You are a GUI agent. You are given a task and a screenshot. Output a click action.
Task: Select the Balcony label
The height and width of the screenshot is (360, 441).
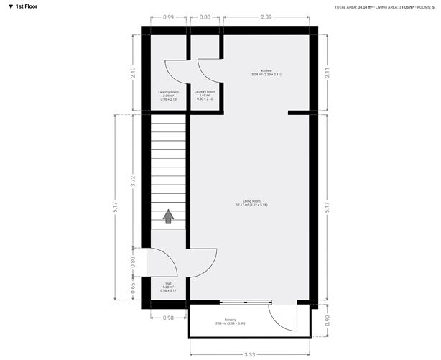230,322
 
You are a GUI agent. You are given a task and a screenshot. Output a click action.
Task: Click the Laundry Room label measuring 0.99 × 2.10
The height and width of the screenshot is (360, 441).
168,94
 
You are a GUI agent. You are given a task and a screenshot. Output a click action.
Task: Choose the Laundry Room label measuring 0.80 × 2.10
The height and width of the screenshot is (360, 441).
205,94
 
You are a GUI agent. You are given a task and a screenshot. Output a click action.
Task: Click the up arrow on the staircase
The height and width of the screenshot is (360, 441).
168,216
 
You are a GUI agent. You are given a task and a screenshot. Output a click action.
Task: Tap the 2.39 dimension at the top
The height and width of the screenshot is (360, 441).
266,16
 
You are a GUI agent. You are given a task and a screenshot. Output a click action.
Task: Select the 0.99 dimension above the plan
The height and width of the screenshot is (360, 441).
168,16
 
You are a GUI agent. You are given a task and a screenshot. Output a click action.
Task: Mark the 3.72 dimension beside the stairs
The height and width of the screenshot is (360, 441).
133,181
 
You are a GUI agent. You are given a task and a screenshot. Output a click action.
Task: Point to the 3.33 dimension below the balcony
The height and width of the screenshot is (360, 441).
249,354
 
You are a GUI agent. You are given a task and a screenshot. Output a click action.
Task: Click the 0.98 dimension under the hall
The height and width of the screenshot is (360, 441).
168,317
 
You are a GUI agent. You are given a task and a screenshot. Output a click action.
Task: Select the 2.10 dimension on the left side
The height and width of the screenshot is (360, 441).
133,72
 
